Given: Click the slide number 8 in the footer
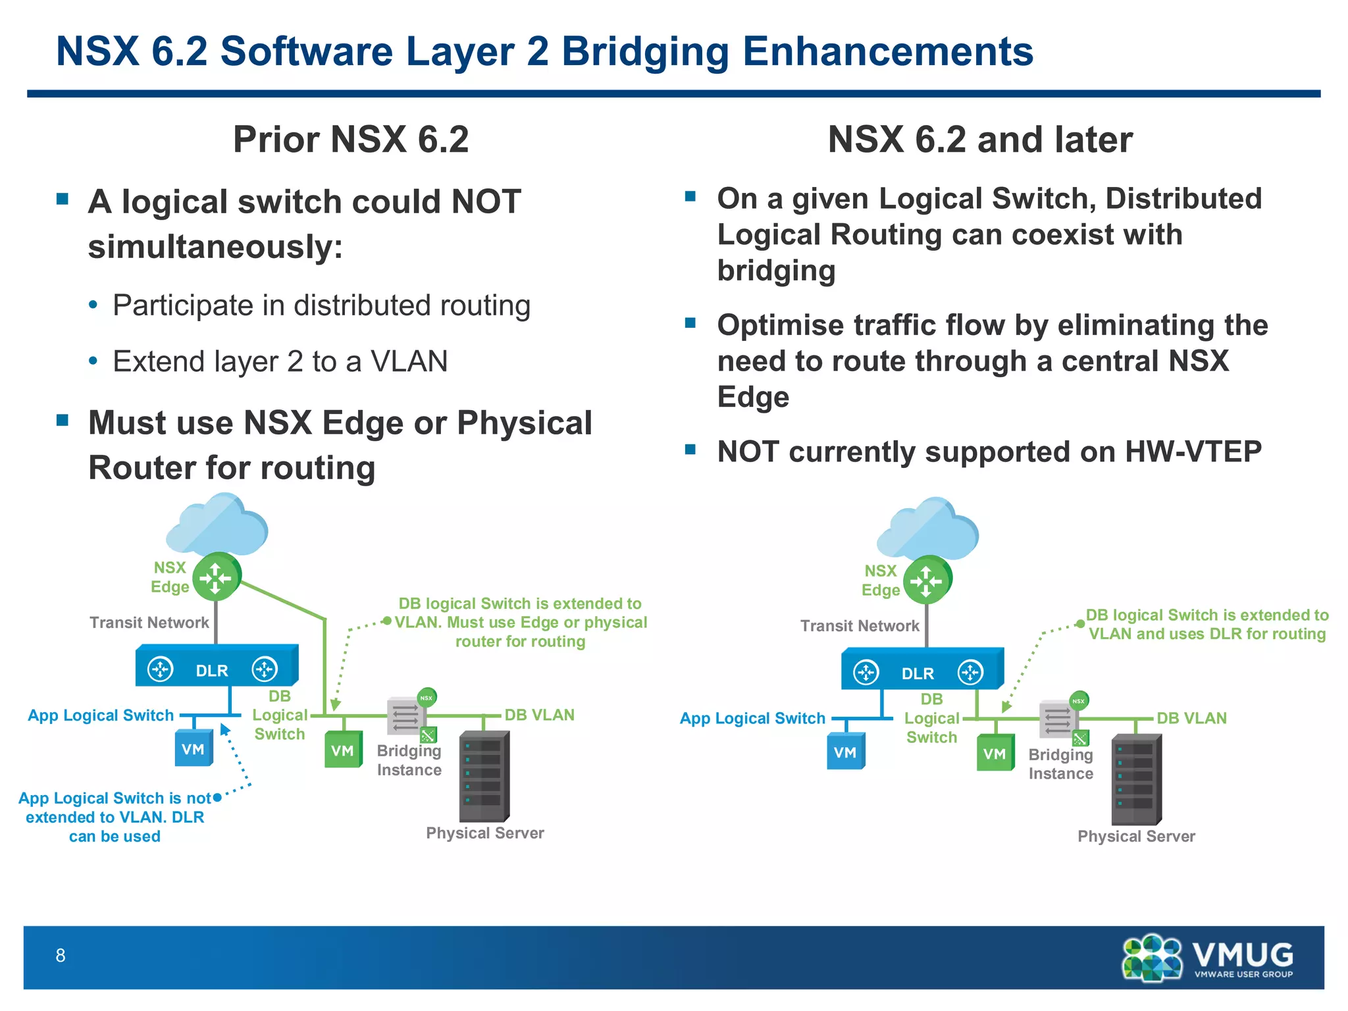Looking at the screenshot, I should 61,955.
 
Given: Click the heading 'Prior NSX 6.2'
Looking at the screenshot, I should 351,140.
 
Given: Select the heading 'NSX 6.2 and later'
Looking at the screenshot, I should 980,140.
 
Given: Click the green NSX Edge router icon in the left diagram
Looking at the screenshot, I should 217,577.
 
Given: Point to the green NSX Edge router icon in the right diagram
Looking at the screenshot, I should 927,581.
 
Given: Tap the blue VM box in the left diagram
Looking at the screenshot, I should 194,749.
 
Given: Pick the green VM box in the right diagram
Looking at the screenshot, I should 995,753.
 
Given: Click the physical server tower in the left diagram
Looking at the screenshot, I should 484,776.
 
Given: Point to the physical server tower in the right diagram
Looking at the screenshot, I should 1136,780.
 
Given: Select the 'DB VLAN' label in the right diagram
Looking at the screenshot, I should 1191,718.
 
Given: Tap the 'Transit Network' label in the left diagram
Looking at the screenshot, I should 149,623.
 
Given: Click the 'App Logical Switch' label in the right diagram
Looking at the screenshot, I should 752,718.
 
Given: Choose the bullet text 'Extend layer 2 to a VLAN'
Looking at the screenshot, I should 280,361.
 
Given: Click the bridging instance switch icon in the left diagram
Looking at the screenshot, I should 405,715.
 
